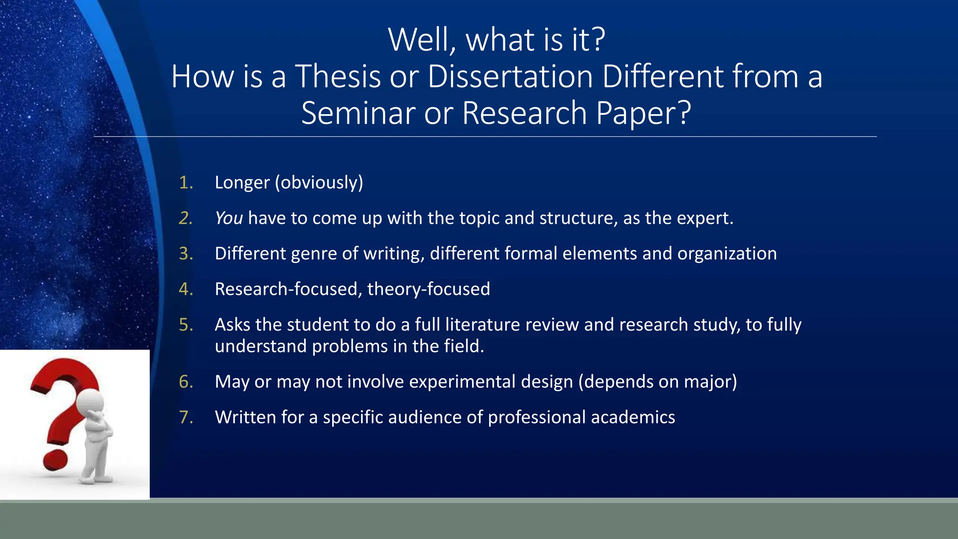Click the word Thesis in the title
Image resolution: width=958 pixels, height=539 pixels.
(338, 76)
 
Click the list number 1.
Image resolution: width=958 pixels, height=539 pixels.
(186, 182)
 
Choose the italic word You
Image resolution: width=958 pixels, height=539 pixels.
(228, 218)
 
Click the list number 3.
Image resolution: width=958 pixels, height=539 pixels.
(186, 254)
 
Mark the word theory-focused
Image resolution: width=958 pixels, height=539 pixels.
(428, 289)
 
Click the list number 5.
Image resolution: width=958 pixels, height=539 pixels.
(186, 325)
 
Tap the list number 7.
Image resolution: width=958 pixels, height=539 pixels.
(186, 417)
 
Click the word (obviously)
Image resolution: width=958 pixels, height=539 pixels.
(319, 182)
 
